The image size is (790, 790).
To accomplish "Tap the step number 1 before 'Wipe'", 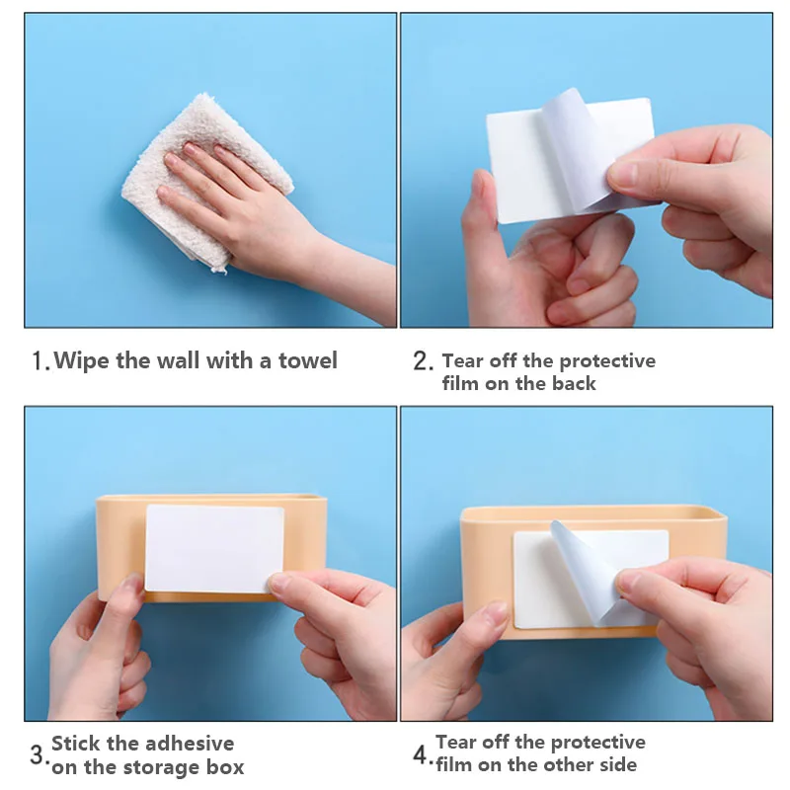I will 39,361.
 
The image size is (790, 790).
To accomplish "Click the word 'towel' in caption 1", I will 307,360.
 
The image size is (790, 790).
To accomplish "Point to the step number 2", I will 422,361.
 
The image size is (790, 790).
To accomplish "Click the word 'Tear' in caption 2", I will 462,361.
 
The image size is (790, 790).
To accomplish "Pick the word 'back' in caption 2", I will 574,384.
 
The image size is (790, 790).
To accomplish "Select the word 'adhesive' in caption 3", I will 189,744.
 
